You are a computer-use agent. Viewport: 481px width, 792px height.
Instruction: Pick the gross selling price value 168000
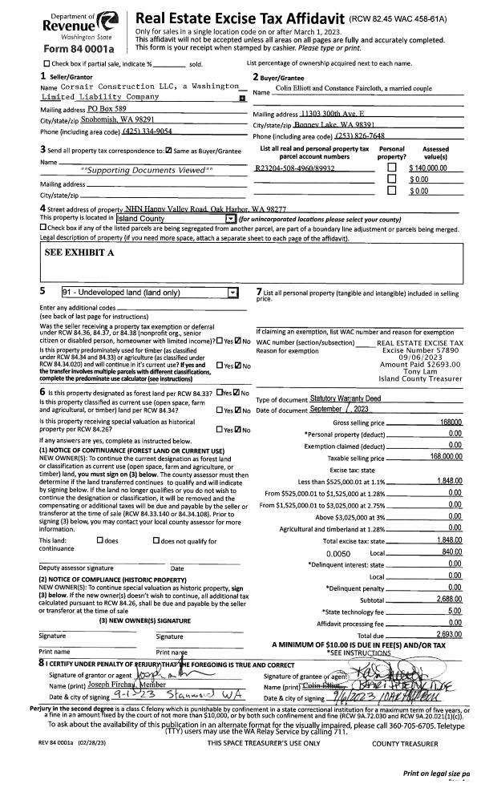coord(451,422)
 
